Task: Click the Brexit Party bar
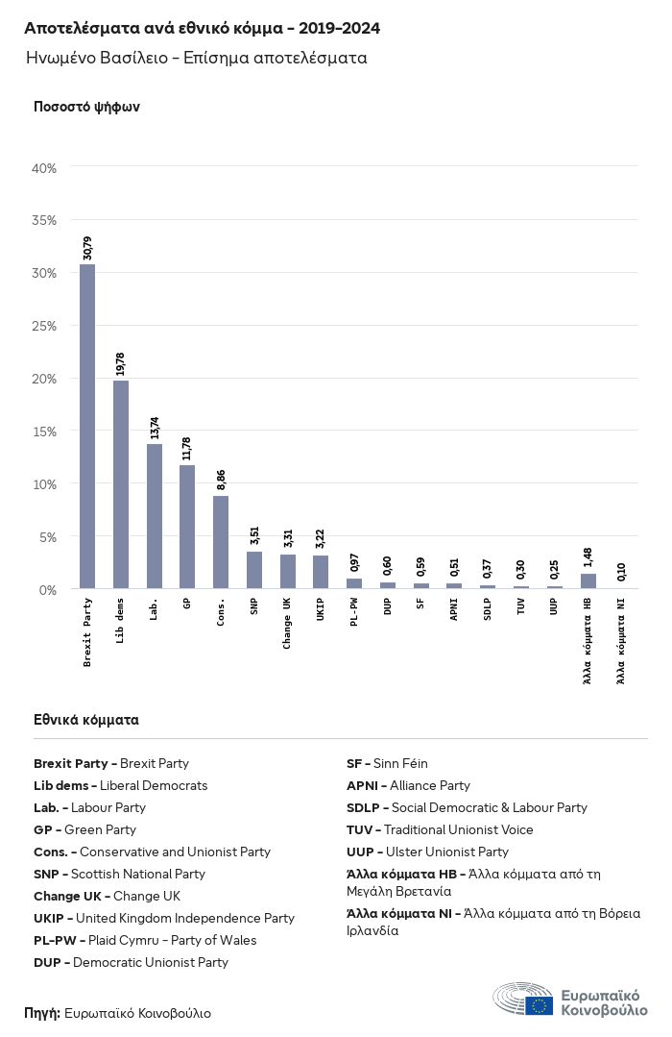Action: pyautogui.click(x=87, y=426)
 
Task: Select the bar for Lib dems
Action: pyautogui.click(x=121, y=484)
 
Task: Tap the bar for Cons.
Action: pyautogui.click(x=221, y=542)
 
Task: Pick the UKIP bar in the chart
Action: pyautogui.click(x=321, y=572)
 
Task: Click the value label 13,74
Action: pyautogui.click(x=155, y=428)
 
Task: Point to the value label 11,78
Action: pyautogui.click(x=187, y=449)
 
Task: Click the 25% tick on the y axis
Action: pyautogui.click(x=44, y=326)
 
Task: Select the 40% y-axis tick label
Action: pyautogui.click(x=44, y=168)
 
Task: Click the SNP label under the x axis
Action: pyautogui.click(x=254, y=606)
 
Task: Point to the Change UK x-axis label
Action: pyautogui.click(x=287, y=623)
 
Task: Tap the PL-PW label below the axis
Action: pyautogui.click(x=354, y=612)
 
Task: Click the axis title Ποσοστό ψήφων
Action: pyautogui.click(x=86, y=107)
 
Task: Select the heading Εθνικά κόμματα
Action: pyautogui.click(x=85, y=720)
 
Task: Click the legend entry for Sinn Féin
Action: pyautogui.click(x=387, y=763)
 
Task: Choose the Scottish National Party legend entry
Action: pyautogui.click(x=120, y=874)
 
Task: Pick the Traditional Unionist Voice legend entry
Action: pyautogui.click(x=440, y=829)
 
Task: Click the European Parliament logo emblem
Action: pyautogui.click(x=522, y=999)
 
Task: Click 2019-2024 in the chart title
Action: pyautogui.click(x=339, y=28)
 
